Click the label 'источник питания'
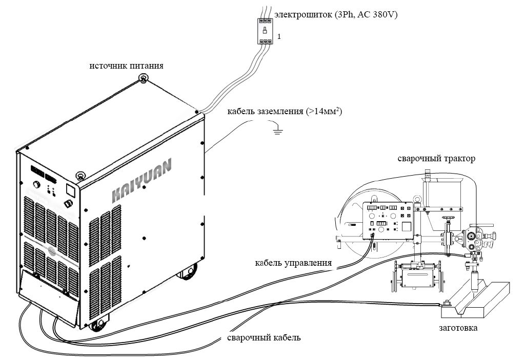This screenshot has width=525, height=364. (127, 66)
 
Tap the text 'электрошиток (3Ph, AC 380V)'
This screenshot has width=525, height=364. (336, 15)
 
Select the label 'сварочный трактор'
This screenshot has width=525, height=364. (436, 159)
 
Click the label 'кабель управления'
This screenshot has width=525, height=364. (293, 263)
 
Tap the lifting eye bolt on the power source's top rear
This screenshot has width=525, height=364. (143, 78)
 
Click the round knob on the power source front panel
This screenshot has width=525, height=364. (36, 185)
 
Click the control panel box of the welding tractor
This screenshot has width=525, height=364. (388, 221)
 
